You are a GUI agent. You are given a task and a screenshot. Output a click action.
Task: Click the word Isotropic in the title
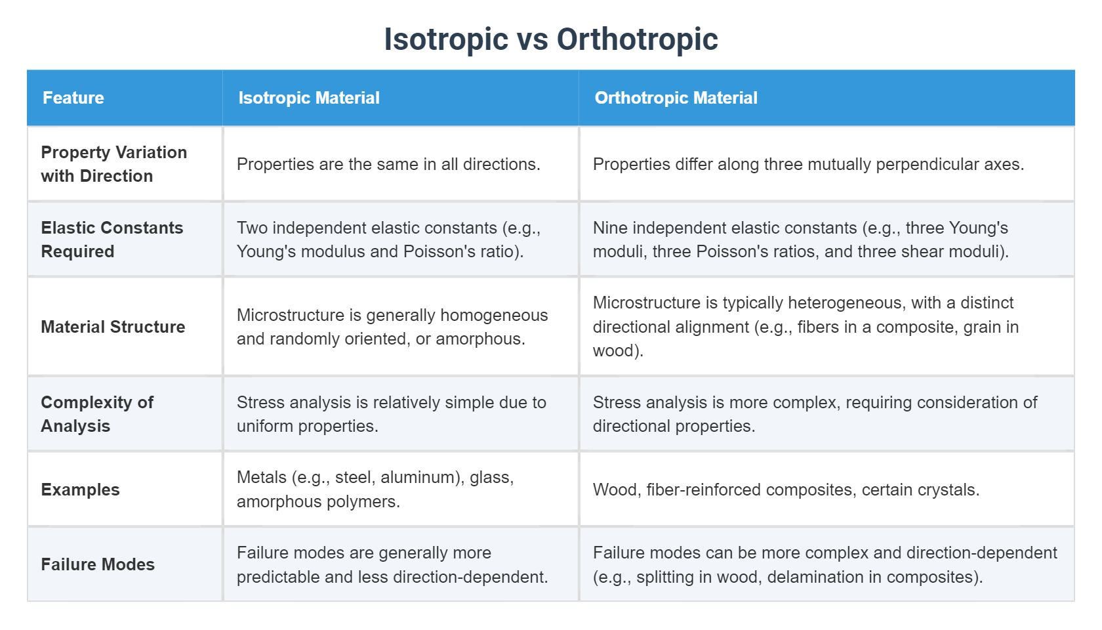point(445,39)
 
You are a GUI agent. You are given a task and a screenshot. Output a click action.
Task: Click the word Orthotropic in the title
point(637,39)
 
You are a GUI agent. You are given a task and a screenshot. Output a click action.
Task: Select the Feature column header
point(73,98)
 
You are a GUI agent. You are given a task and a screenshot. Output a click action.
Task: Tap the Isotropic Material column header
point(309,98)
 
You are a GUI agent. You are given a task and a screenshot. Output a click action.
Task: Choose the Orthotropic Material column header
point(676,98)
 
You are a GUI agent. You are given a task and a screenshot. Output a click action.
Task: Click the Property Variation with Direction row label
point(113,164)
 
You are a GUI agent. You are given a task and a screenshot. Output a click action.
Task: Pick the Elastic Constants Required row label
point(112,240)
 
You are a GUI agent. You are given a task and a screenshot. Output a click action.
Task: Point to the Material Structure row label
point(113,327)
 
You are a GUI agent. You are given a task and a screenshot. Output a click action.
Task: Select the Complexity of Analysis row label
point(96,414)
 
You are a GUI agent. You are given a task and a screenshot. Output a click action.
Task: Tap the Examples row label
point(80,490)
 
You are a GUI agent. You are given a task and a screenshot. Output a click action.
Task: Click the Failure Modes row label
point(98,564)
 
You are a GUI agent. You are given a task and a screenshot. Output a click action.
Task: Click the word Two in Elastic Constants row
point(252,228)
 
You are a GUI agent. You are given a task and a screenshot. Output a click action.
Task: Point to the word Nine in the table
point(610,228)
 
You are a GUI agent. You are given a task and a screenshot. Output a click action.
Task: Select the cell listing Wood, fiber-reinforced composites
point(786,490)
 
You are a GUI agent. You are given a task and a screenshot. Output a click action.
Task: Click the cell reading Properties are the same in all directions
point(388,164)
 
